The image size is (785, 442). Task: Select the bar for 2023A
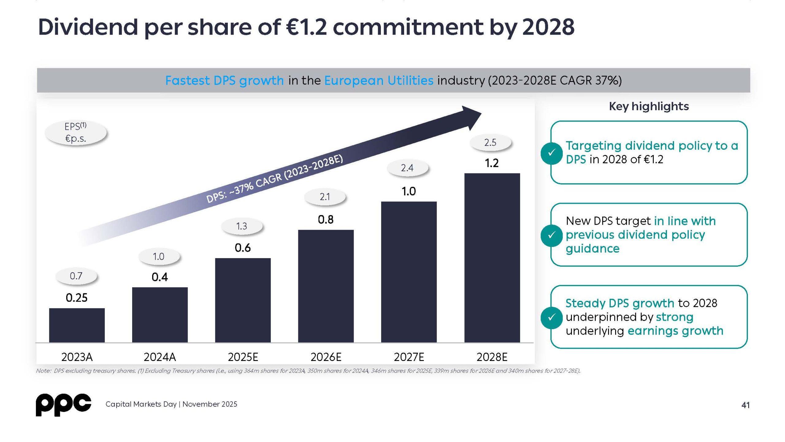[x=77, y=325]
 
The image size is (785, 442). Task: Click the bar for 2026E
[x=326, y=286]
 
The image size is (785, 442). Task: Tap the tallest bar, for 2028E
[x=492, y=258]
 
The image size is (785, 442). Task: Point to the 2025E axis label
[x=243, y=357]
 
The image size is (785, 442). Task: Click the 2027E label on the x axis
[x=409, y=357]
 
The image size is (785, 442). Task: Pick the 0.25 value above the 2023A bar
[x=77, y=297]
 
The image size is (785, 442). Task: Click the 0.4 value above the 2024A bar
[x=160, y=277]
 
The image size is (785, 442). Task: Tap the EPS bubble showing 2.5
[x=490, y=142]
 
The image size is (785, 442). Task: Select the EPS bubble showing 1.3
[x=242, y=226]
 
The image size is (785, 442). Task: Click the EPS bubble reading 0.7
[x=76, y=276]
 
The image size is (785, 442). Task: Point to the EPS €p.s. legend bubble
[x=75, y=133]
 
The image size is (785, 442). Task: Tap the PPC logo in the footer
[x=63, y=405]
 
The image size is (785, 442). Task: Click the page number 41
[x=745, y=405]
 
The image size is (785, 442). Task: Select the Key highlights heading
[x=649, y=106]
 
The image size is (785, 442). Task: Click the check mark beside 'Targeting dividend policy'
[x=551, y=153]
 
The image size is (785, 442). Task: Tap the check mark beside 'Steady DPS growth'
[x=551, y=317]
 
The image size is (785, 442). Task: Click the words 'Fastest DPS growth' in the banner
[x=224, y=80]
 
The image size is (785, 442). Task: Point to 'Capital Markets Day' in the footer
[x=141, y=404]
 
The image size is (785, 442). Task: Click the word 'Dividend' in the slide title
[x=88, y=27]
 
